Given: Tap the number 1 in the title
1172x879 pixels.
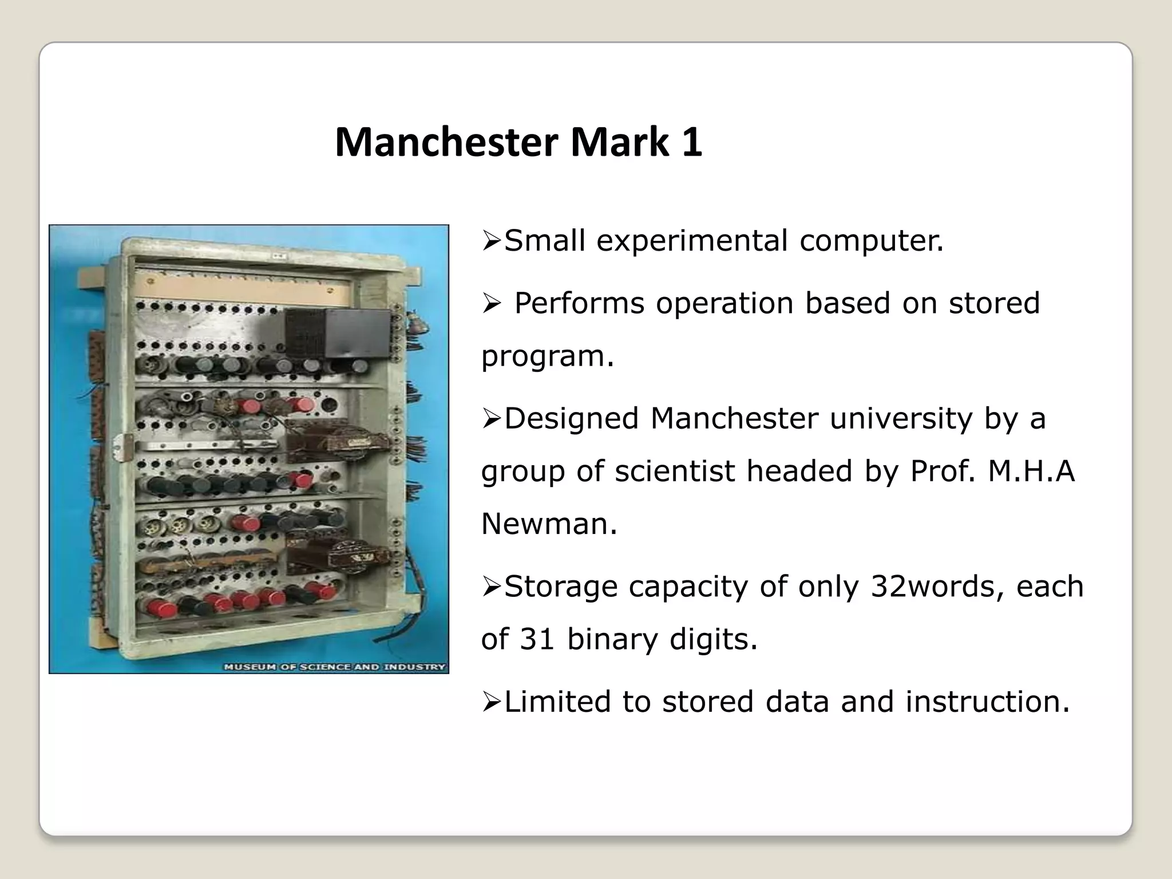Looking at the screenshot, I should pos(691,142).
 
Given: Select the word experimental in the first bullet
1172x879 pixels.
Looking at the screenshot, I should pos(692,241).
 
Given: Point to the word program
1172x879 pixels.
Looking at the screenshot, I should pos(547,357).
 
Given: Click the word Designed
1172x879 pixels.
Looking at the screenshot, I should pos(571,418).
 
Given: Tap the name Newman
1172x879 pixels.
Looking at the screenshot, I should pos(549,524).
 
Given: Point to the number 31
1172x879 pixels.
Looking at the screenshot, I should pos(537,639).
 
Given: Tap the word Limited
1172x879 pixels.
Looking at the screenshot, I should pos(557,702).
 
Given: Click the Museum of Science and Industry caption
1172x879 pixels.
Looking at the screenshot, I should pos(334,667).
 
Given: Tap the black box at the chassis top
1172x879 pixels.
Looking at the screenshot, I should pos(338,333).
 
